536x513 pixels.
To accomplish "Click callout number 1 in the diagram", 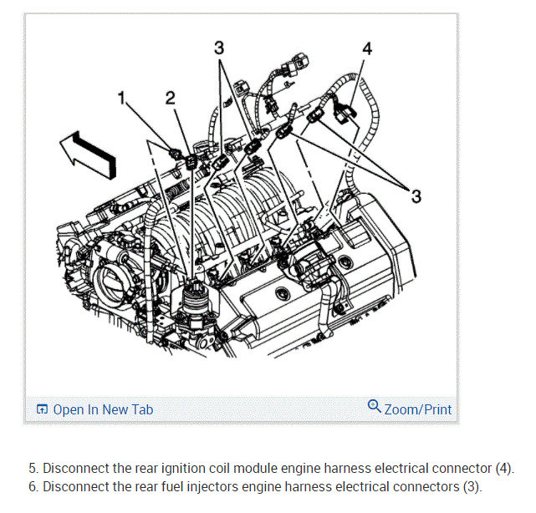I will click(123, 99).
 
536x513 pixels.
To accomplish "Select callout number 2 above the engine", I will click(171, 98).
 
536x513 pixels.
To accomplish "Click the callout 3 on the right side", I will click(416, 196).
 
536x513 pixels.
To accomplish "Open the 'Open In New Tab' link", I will click(102, 409).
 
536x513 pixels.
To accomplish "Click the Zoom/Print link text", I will click(417, 409).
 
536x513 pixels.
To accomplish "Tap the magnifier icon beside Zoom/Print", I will click(375, 407).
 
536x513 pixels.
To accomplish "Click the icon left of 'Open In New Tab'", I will click(42, 409).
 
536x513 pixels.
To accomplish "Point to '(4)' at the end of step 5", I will click(503, 468).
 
